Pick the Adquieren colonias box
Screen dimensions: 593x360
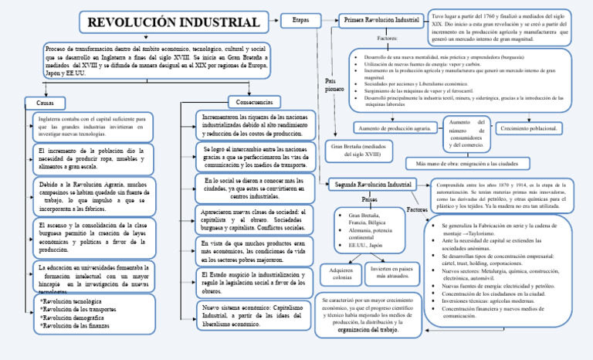pyautogui.click(x=341, y=275)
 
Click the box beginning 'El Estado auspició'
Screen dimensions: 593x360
pyautogui.click(x=253, y=282)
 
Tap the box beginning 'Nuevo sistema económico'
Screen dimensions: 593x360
pyautogui.click(x=253, y=314)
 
